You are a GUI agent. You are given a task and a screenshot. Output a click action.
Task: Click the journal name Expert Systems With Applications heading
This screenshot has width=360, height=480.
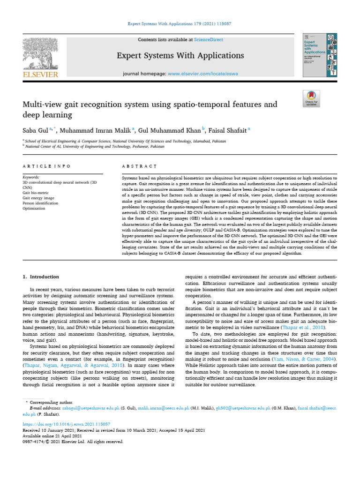[x=180, y=56]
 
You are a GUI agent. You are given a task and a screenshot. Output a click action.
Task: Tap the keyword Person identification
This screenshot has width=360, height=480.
[x=40, y=203]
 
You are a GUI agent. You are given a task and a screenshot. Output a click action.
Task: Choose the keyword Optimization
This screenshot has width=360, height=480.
[x=34, y=209]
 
